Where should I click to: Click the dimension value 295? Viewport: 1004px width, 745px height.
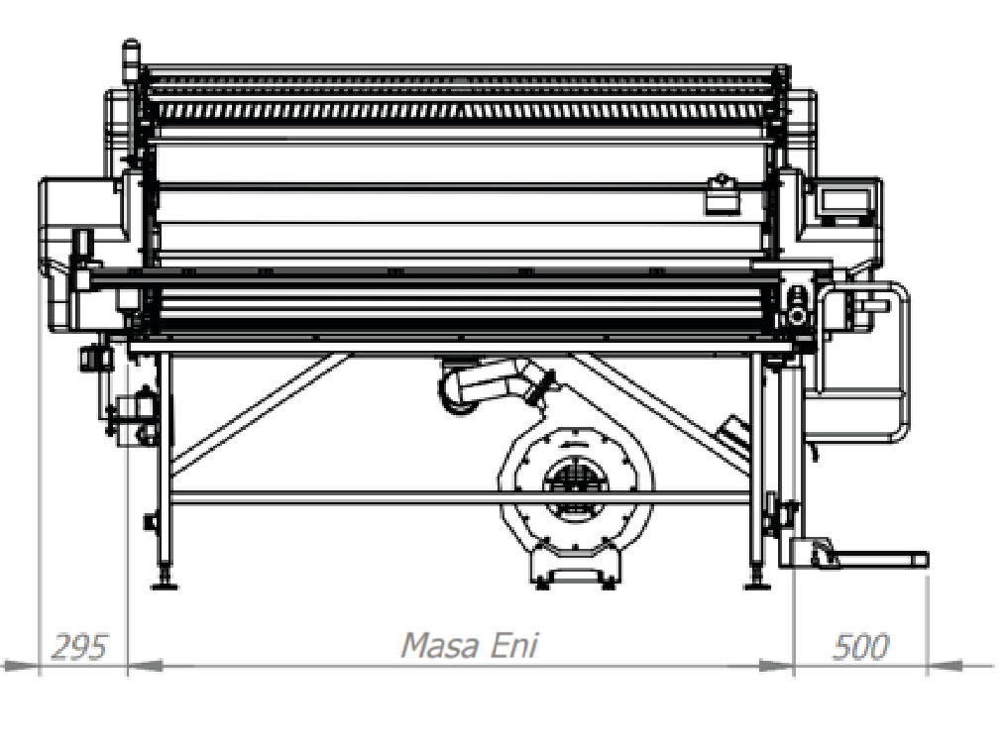[78, 647]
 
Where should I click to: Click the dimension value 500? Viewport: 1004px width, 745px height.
[860, 647]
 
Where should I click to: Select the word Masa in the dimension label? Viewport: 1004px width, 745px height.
[439, 646]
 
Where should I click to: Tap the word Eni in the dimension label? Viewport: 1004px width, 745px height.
[514, 646]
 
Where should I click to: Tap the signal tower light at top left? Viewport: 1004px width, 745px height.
[131, 59]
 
